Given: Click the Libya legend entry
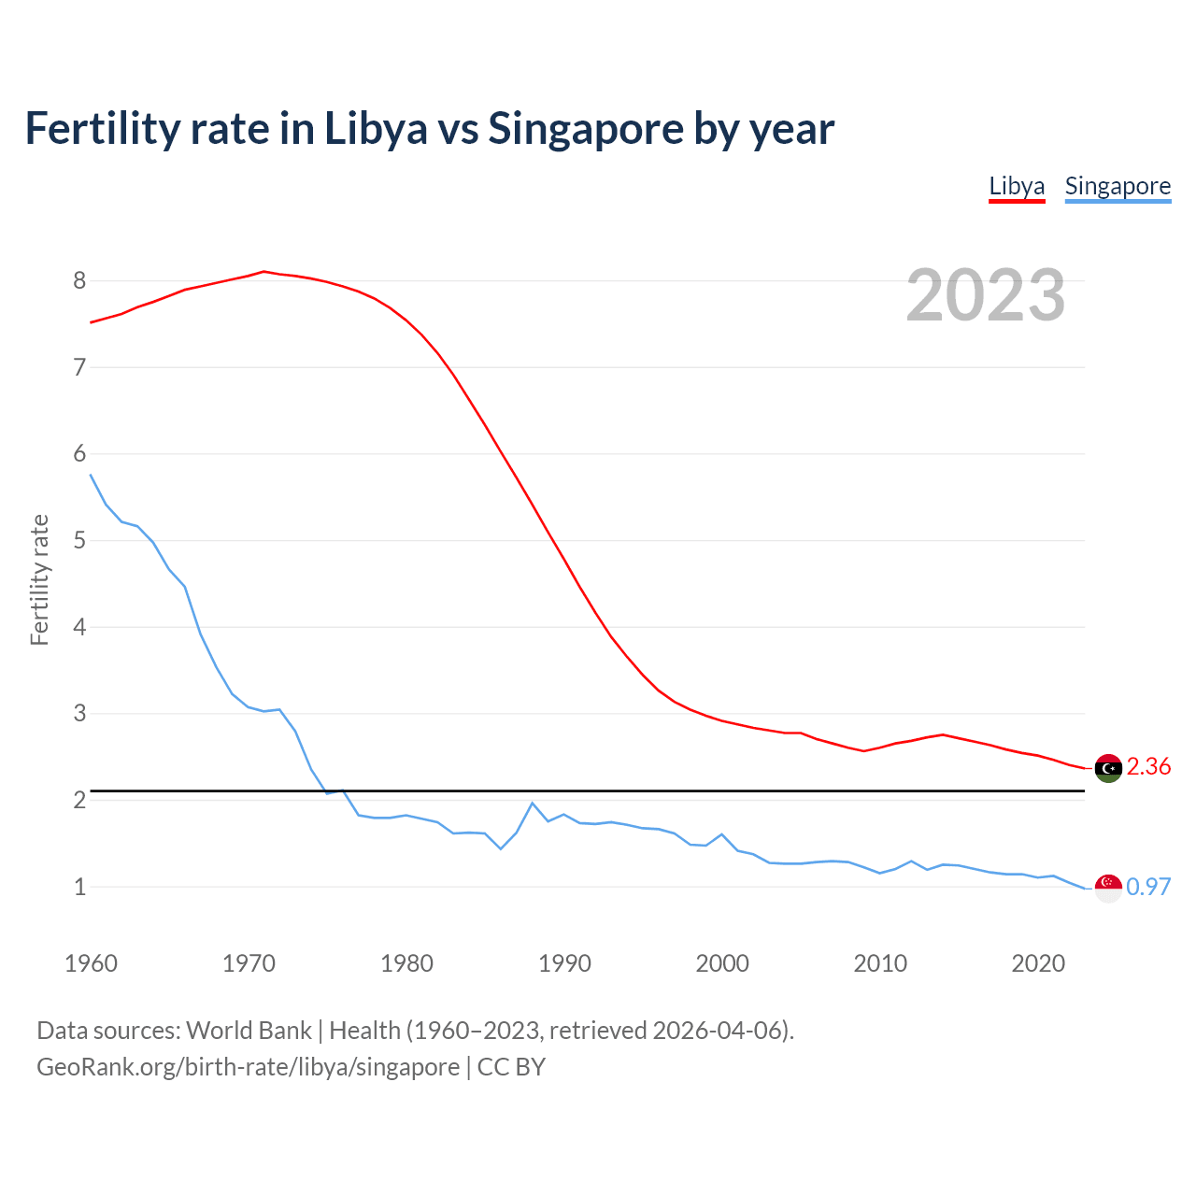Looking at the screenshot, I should (1017, 186).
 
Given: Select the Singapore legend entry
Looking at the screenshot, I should (1118, 186).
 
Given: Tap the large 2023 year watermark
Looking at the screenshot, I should (986, 295).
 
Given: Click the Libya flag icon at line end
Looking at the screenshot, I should (1108, 768).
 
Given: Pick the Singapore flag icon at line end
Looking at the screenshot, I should (1108, 888).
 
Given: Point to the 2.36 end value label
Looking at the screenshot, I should (1148, 767).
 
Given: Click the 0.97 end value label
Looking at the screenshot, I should (1148, 888).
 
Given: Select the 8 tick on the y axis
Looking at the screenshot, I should (79, 281).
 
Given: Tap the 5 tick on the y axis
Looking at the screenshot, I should (79, 541).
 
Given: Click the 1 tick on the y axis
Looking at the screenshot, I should (79, 887).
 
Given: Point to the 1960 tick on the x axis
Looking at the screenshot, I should (91, 963).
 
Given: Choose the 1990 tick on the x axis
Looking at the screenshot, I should (564, 963).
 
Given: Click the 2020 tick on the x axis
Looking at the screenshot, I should (1038, 963).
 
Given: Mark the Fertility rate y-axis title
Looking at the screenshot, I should (39, 579).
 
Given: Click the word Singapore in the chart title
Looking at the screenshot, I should (585, 129).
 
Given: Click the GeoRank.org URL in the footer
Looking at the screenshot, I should (248, 1067).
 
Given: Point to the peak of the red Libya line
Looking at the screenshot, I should (263, 271).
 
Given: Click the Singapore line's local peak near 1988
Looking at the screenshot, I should (532, 803).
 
